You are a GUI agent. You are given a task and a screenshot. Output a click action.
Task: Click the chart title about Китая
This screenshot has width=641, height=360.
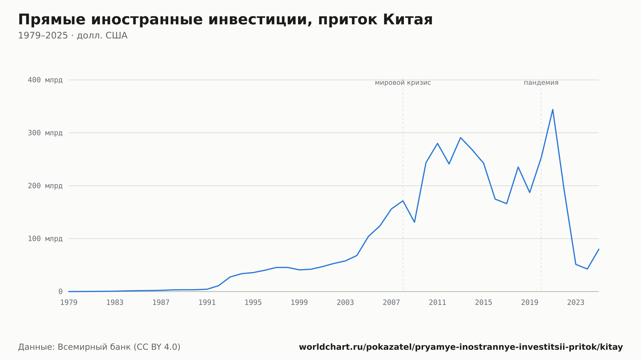click(x=225, y=20)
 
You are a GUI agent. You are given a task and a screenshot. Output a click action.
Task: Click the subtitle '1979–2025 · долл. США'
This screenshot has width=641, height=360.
click(x=73, y=36)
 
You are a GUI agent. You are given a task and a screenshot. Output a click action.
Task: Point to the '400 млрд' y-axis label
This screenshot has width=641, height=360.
click(x=45, y=80)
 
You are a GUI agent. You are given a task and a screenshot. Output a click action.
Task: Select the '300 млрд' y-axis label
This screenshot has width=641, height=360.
click(x=45, y=133)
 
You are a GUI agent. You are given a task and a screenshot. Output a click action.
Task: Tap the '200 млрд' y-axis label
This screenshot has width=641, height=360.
click(x=45, y=186)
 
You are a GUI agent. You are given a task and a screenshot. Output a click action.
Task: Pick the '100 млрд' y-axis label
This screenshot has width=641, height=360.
click(x=45, y=239)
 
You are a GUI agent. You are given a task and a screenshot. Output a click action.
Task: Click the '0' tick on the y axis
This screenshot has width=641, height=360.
click(x=60, y=292)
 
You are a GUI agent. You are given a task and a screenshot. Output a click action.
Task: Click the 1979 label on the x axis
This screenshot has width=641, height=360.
click(x=69, y=303)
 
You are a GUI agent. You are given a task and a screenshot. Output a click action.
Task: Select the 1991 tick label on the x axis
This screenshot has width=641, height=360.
click(x=207, y=303)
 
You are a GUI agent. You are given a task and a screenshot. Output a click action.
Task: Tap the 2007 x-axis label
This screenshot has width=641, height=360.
click(x=391, y=303)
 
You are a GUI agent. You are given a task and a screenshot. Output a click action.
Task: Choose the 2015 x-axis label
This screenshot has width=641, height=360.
click(x=484, y=303)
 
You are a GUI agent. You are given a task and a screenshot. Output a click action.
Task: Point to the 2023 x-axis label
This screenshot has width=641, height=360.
click(x=576, y=303)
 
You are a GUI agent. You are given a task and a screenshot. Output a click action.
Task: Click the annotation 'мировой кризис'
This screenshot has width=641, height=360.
click(x=403, y=83)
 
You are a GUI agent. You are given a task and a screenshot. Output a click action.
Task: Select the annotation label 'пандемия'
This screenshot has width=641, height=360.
click(x=541, y=83)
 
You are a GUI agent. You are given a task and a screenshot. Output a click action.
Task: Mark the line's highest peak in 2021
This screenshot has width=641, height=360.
click(x=553, y=110)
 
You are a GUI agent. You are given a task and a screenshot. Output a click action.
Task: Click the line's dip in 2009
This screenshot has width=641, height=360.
click(x=414, y=222)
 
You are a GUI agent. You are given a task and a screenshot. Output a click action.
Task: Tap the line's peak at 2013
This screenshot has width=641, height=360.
click(x=461, y=138)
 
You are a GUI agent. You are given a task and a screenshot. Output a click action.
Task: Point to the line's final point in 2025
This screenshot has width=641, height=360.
click(x=599, y=249)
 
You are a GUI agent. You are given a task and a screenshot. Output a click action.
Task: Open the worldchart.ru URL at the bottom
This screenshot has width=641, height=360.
click(x=461, y=347)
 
